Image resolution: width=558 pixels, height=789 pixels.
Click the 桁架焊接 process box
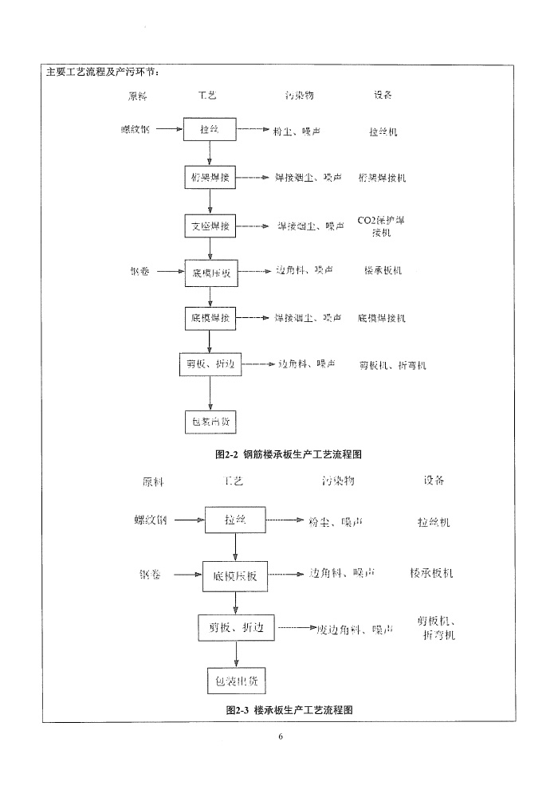[x=210, y=177]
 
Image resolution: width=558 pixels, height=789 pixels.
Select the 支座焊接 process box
[x=210, y=226]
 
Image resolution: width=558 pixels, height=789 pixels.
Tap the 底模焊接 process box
[x=210, y=318]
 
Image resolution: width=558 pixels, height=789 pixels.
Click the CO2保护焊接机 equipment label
[x=381, y=226]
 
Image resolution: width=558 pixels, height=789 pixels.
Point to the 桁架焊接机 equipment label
[x=382, y=178]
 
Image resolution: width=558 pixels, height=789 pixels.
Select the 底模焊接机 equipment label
[x=382, y=318]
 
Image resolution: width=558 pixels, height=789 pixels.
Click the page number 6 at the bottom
[x=281, y=736]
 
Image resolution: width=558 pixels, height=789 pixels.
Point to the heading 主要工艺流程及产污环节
[x=102, y=73]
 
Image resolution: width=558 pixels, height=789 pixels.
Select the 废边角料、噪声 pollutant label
[x=355, y=630]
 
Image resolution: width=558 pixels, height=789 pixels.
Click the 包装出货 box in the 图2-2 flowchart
[x=210, y=421]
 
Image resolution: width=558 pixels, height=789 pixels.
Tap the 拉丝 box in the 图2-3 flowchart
[x=235, y=520]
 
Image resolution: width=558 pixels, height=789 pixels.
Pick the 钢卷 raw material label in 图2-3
[x=150, y=574]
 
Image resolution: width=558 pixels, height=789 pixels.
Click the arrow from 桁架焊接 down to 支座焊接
[x=210, y=202]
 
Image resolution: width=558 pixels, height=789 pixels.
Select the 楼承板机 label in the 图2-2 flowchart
[x=382, y=271]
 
